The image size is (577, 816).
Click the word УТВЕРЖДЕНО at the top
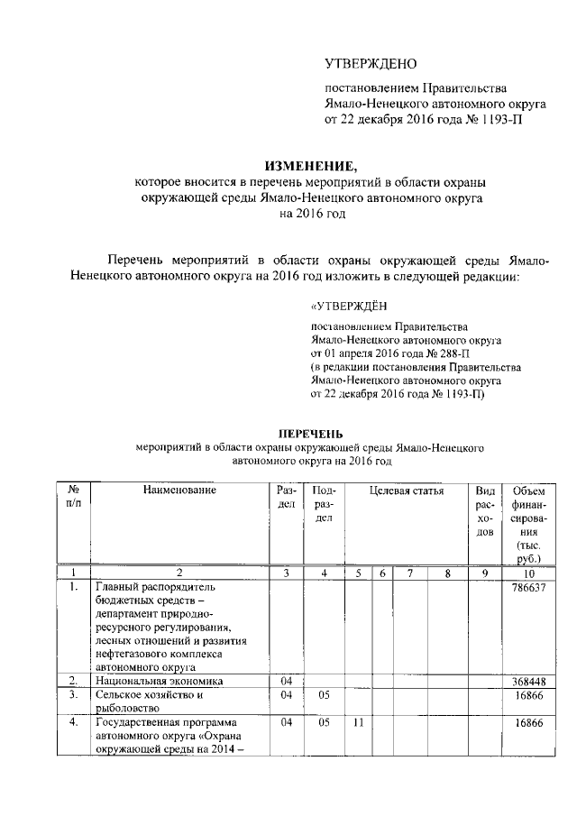(x=371, y=64)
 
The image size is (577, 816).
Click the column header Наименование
(x=179, y=491)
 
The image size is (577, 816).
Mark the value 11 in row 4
(x=358, y=723)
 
